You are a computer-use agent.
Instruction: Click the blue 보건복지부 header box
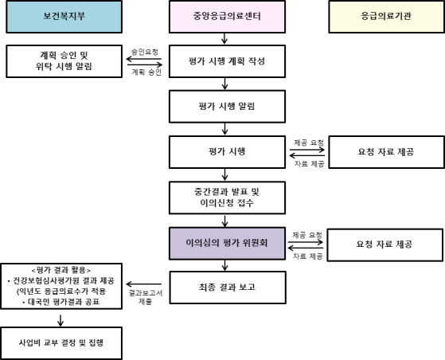coord(64,17)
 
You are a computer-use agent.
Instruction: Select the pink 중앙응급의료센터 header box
coord(227,17)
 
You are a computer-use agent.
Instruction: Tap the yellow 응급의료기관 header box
coord(387,17)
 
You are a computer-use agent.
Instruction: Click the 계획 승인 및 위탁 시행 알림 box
coord(64,61)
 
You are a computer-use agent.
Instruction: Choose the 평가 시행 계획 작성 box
coord(227,61)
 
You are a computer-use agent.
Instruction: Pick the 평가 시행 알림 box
coord(227,107)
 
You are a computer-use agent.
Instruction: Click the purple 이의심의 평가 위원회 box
coord(227,243)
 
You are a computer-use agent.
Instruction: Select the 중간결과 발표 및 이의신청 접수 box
coord(227,198)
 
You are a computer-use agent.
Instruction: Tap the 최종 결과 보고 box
coord(228,288)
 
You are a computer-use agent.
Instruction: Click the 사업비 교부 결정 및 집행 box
coord(61,343)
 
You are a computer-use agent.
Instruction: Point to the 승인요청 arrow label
coord(145,52)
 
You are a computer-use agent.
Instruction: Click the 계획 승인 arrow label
coord(146,72)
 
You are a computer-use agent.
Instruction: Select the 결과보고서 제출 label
coord(146,297)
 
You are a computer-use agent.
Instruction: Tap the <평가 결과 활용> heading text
coord(61,270)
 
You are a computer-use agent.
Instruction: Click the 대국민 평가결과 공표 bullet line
coord(61,302)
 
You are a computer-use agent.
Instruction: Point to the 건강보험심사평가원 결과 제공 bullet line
coord(61,280)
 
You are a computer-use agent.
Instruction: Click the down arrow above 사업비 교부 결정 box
coord(61,320)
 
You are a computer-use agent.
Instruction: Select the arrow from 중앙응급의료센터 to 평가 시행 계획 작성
coord(224,38)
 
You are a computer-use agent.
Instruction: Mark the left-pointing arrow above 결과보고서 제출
coord(144,284)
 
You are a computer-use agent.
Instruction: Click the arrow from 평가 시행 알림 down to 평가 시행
coord(224,129)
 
